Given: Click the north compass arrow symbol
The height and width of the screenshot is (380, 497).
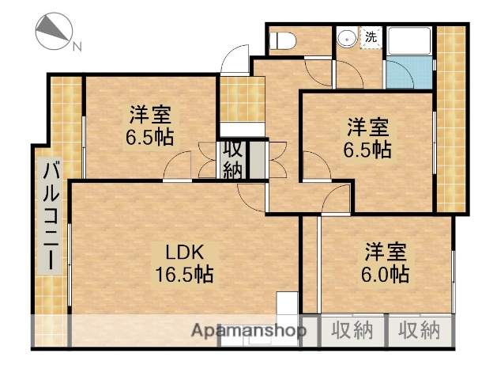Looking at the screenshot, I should (52, 31).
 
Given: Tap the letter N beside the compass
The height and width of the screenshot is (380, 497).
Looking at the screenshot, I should (77, 47).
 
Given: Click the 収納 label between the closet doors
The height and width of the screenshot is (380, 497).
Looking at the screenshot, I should (232, 158).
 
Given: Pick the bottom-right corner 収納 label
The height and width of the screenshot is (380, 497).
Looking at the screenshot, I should (419, 330).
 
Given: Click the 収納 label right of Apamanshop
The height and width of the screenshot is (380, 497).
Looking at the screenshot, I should (352, 330).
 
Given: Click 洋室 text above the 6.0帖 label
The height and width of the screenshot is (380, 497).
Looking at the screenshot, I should (386, 253).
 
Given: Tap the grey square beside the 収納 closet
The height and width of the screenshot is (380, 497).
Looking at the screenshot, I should (258, 159).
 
